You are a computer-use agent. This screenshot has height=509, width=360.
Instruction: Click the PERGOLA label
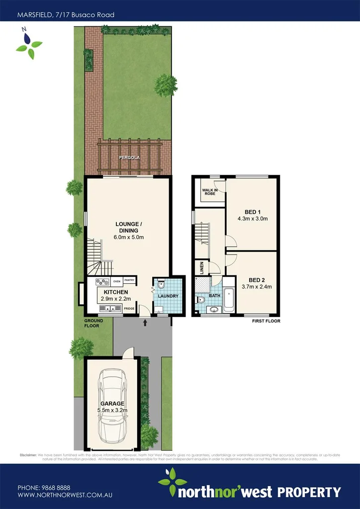pos(129,158)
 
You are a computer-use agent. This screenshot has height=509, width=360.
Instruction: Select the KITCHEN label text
pos(116,292)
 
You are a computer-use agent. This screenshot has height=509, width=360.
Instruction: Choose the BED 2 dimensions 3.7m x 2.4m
pos(257,286)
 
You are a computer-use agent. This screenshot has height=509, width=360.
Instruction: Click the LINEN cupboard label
pos(202,268)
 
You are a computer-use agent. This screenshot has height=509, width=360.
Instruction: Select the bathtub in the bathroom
pos(229,299)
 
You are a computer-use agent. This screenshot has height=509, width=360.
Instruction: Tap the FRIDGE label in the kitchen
pos(129,309)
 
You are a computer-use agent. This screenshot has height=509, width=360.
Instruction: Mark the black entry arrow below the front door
pos(145,323)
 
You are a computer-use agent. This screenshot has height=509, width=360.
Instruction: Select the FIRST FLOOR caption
pos(266,321)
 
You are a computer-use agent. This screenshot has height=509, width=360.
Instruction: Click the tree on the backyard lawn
pos(166,85)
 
